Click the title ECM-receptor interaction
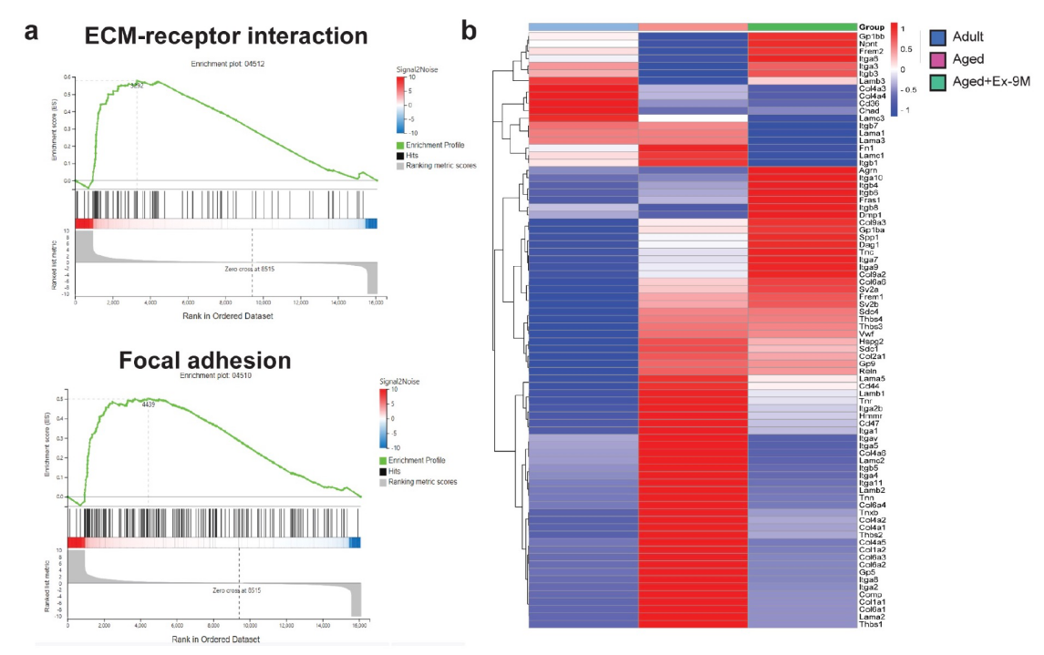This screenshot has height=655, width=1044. [x=226, y=36]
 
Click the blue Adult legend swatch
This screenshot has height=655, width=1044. [x=936, y=38]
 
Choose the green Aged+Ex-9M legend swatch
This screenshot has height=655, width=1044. [x=936, y=83]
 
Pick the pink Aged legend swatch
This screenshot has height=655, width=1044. [x=936, y=60]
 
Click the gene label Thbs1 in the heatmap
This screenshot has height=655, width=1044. [x=871, y=624]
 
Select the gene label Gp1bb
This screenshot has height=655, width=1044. [x=873, y=36]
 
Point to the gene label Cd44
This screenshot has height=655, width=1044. [x=869, y=384]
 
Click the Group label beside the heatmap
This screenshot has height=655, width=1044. [x=873, y=26]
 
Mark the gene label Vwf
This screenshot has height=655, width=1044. [x=866, y=334]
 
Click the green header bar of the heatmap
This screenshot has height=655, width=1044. [x=801, y=26]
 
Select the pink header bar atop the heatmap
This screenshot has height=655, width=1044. [x=693, y=26]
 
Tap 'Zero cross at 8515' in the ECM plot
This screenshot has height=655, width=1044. [x=250, y=270]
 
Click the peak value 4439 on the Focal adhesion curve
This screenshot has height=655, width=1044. [x=150, y=404]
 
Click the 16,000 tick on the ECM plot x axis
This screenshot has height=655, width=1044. [x=375, y=301]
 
